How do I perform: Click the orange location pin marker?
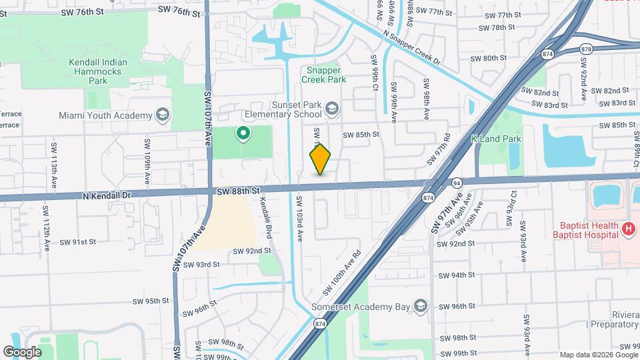pos(321,159)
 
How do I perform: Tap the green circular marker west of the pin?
pos(244,134)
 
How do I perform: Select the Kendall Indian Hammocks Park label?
pos(98,71)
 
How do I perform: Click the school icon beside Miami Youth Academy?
pos(162,115)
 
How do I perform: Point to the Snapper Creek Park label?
pos(324,74)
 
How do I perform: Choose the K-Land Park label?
pos(495,139)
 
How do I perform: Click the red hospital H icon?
pos(628,229)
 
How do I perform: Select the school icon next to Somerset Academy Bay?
pos(420,306)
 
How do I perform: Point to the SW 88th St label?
pos(237,191)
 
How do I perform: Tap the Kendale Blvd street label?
pos(267,218)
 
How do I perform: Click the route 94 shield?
pos(457,181)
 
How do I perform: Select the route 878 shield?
pos(586,49)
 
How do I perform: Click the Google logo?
pos(22,351)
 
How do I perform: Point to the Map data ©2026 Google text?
pos(598,355)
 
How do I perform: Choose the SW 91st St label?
pos(78,241)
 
